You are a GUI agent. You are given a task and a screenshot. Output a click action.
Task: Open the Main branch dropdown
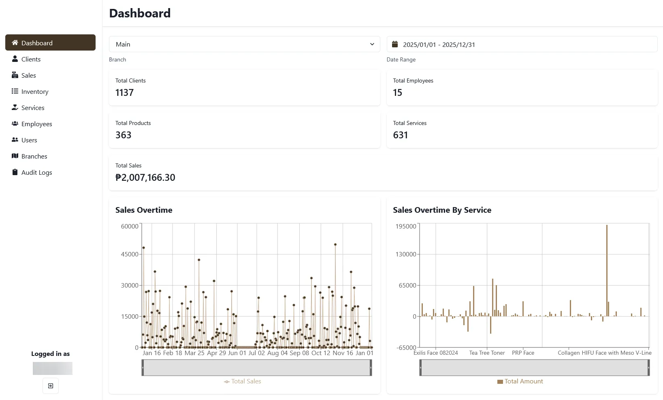(245, 44)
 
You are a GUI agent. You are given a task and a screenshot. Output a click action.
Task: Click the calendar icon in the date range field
(395, 44)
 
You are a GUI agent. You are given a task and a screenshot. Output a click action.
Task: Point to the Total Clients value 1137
(125, 93)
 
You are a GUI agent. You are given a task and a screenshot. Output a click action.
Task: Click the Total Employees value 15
(397, 93)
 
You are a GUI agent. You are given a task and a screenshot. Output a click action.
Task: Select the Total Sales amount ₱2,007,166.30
(145, 178)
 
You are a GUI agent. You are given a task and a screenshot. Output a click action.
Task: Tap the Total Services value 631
(401, 135)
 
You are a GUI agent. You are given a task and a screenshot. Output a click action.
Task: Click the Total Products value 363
(124, 135)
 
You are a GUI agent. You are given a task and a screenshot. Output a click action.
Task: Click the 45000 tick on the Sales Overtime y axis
(130, 254)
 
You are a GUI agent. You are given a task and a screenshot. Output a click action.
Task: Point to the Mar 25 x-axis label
(194, 353)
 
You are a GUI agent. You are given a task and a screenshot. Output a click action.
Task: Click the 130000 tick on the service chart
(406, 254)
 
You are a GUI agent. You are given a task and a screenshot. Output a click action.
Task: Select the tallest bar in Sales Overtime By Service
(607, 271)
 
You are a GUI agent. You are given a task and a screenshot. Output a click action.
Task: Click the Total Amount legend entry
(520, 381)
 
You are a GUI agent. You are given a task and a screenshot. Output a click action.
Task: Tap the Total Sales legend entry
(243, 381)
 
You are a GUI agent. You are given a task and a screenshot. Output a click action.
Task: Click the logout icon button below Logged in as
(51, 386)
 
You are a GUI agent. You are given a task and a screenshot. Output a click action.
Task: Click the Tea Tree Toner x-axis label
(487, 353)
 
